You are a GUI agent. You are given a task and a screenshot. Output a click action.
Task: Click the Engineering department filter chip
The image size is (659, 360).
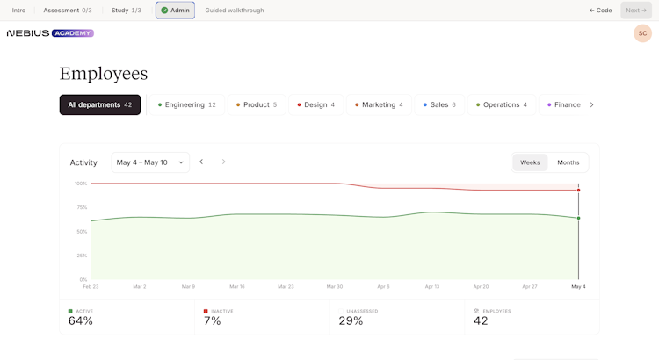point(187,104)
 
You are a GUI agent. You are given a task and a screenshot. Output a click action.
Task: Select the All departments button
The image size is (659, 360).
point(100,104)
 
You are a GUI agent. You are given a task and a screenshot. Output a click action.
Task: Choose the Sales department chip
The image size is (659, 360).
point(439,104)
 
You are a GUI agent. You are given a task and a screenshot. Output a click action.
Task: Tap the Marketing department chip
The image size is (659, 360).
point(379,104)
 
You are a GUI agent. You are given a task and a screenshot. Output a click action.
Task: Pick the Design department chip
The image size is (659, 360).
point(315,104)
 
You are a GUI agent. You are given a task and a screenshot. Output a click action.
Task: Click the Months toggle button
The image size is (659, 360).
point(568,162)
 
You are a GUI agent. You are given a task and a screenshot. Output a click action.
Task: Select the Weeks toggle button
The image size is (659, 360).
point(530,162)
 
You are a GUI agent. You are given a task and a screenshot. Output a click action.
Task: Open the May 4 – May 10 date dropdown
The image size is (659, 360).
point(150,162)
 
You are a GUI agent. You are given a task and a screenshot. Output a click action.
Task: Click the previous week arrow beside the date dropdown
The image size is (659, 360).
point(201,162)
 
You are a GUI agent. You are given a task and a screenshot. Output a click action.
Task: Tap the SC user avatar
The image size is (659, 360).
point(642,33)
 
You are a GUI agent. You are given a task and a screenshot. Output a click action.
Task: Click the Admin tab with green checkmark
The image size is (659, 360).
point(175,10)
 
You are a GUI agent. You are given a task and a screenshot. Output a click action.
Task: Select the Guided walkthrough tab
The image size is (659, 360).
point(235,10)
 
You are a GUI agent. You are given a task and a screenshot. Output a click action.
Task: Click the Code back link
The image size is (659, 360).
point(601,10)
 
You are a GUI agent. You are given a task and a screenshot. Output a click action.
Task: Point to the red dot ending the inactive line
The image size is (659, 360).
point(578,191)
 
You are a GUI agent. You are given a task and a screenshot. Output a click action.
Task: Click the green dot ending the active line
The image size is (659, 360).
point(578,218)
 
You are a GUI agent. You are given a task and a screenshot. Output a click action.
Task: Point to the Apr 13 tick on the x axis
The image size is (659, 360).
point(432,286)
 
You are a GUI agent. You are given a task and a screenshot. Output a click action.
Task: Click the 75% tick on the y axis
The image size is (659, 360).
point(82,207)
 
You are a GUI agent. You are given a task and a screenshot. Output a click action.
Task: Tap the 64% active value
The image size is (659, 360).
point(81,321)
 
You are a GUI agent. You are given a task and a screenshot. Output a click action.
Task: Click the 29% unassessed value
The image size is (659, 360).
point(351,321)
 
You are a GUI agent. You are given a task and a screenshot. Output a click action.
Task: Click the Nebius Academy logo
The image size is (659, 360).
point(50,33)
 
